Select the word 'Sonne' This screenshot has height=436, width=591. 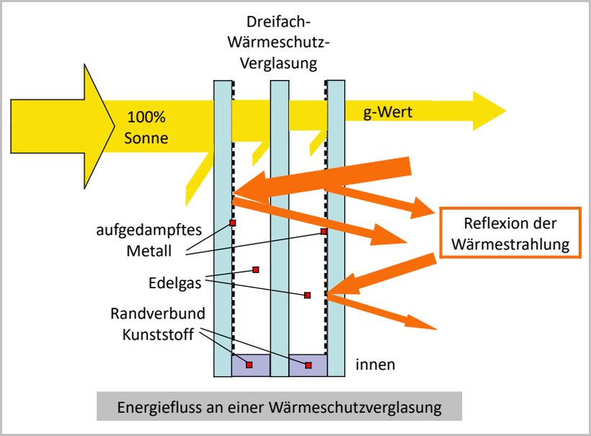point(146,138)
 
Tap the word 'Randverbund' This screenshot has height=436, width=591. point(158,313)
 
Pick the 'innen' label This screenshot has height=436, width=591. point(375,365)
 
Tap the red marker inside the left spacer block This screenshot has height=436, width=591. point(249,365)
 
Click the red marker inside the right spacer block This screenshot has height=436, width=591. point(308,365)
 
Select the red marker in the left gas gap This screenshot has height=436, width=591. point(255,270)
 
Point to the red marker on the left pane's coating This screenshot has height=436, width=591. point(233,223)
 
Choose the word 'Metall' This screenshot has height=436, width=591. point(148,251)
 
